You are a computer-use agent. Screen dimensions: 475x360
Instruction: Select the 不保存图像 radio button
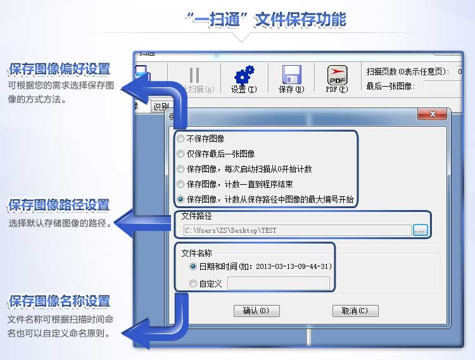(181, 139)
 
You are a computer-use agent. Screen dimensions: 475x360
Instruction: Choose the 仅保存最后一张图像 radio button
(181, 154)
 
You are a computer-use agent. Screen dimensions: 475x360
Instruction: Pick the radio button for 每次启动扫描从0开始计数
(181, 169)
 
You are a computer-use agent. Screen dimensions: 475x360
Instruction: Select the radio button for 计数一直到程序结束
(181, 184)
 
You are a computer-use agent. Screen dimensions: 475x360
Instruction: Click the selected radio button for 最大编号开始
(181, 199)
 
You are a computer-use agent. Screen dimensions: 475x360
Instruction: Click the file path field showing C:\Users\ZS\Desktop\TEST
(296, 230)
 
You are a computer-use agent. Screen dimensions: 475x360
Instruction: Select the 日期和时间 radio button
(193, 266)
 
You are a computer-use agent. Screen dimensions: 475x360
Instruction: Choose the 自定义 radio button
(193, 283)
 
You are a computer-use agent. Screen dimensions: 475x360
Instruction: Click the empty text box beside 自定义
(278, 283)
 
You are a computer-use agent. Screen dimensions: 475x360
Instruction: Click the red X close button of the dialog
(433, 114)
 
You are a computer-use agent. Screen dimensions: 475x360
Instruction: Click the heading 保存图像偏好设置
(60, 69)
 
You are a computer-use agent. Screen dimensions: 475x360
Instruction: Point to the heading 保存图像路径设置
(59, 206)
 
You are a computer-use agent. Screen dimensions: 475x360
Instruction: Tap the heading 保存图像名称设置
(59, 301)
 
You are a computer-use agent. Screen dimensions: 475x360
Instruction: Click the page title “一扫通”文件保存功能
(266, 19)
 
